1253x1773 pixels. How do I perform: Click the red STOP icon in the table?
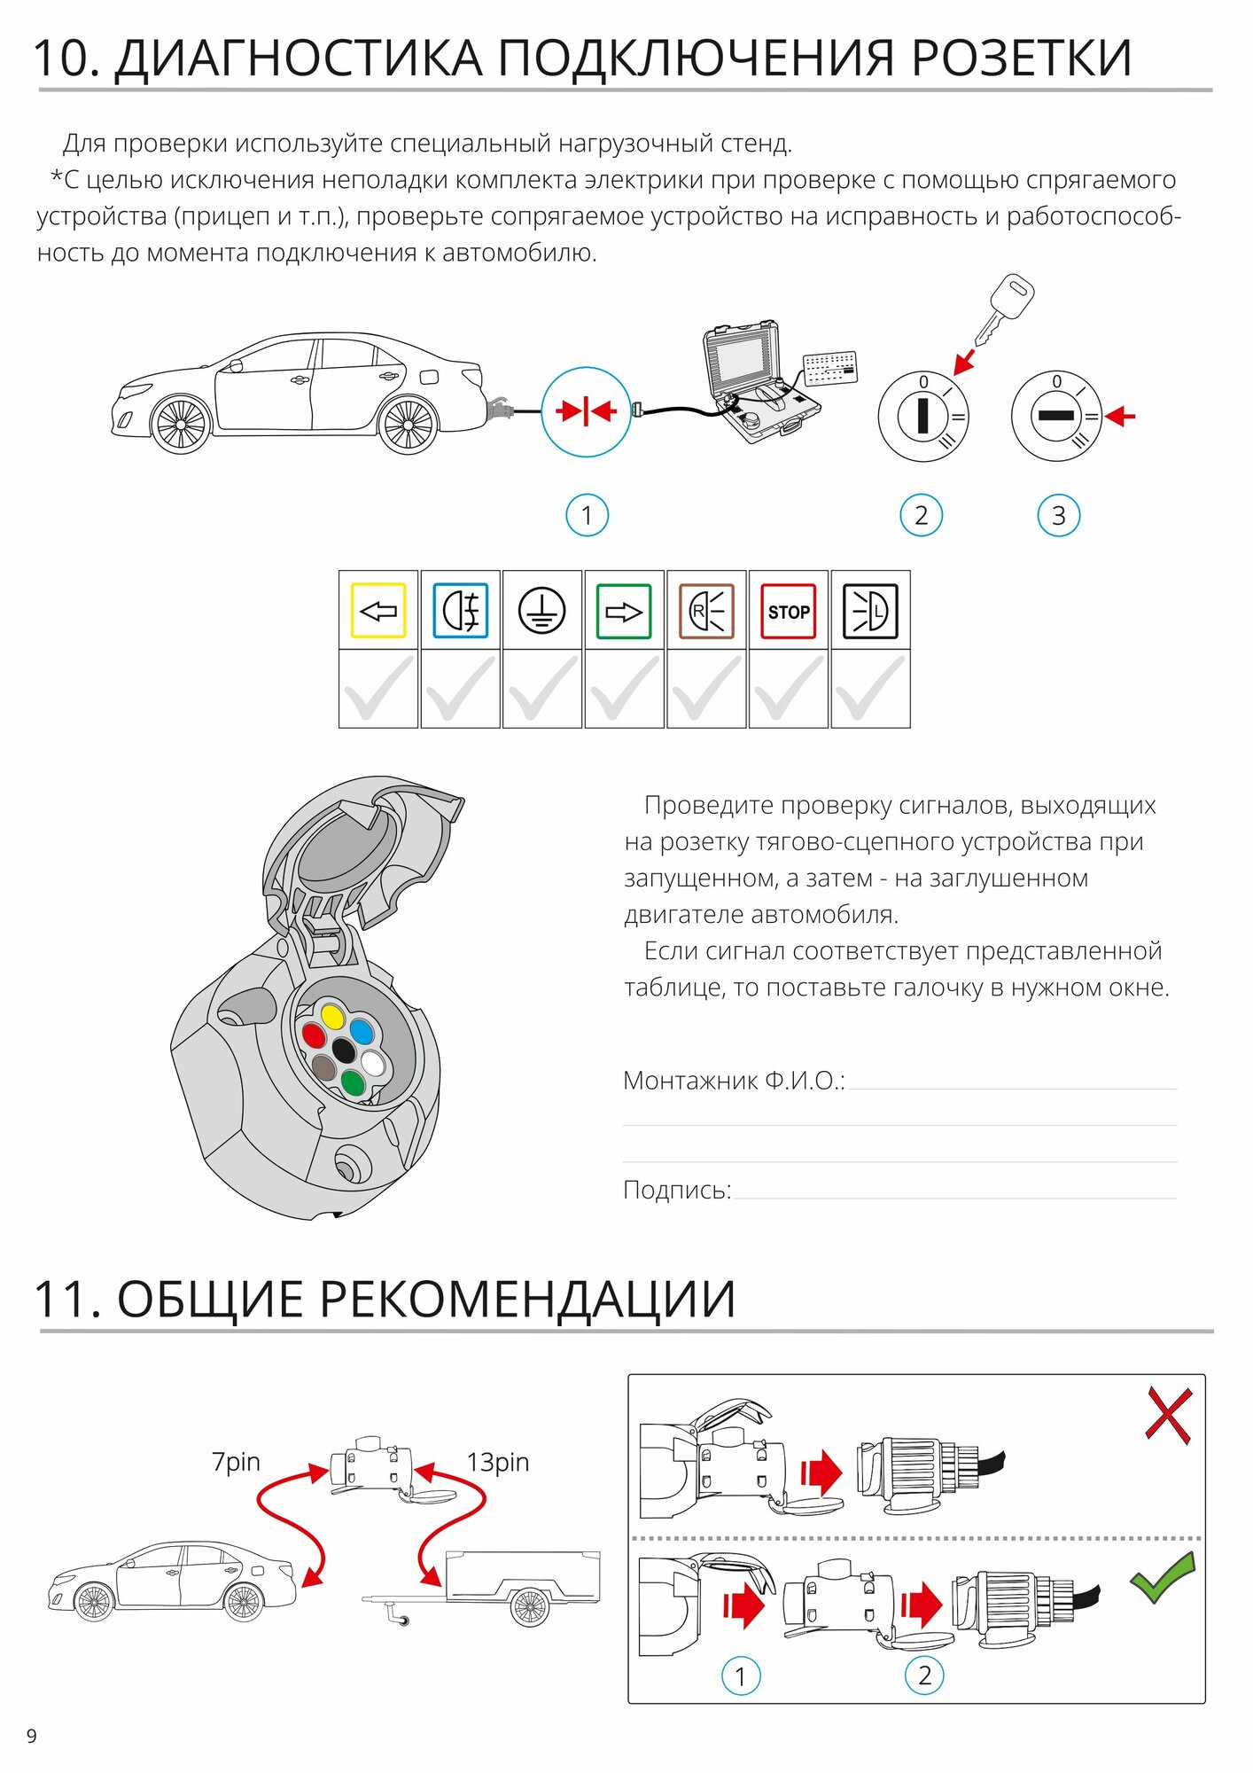[x=788, y=611]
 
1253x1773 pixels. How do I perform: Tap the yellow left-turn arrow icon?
[x=378, y=611]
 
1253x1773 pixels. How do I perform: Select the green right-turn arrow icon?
[x=624, y=611]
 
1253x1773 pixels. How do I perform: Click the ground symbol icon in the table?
[x=541, y=611]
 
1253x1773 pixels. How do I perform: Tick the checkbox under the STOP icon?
[x=788, y=689]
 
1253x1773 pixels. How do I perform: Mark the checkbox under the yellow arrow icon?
[x=378, y=689]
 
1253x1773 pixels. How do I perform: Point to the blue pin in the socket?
[x=362, y=1031]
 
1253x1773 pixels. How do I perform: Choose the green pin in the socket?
[x=352, y=1082]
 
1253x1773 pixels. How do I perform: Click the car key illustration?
[x=1005, y=309]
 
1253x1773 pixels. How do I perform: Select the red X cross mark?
[x=1168, y=1415]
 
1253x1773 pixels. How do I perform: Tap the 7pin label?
[x=236, y=1462]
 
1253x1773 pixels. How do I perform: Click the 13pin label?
[x=498, y=1462]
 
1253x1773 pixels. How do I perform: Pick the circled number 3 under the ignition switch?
[x=1058, y=516]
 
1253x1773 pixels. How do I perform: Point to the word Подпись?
[x=677, y=1190]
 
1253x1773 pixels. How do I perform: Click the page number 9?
[x=32, y=1736]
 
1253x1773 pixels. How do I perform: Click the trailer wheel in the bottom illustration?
[x=530, y=1605]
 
